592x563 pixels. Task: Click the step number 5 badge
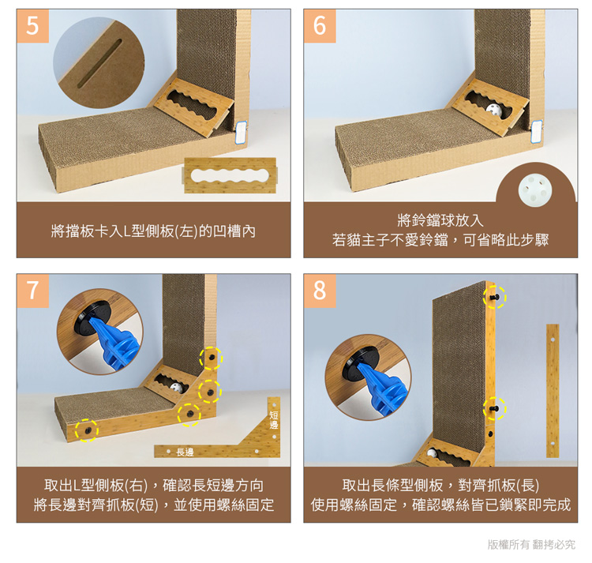(32, 26)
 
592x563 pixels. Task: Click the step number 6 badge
(320, 26)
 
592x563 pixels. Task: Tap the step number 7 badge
(32, 291)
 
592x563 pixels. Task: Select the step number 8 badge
(320, 291)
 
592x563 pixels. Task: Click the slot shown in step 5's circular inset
(99, 63)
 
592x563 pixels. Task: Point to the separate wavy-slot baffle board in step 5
(230, 175)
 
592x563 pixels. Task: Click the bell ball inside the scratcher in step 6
(493, 110)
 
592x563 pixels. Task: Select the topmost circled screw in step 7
(211, 358)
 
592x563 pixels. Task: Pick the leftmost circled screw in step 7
(87, 430)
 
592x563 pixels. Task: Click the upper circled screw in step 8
(495, 297)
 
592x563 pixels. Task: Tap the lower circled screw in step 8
(495, 408)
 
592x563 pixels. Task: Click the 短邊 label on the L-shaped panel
(274, 420)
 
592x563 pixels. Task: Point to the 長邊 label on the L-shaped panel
(185, 452)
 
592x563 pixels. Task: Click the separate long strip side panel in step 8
(553, 390)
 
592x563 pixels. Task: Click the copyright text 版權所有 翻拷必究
(531, 544)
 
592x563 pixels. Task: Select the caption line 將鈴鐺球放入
(440, 220)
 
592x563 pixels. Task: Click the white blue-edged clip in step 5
(241, 132)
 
